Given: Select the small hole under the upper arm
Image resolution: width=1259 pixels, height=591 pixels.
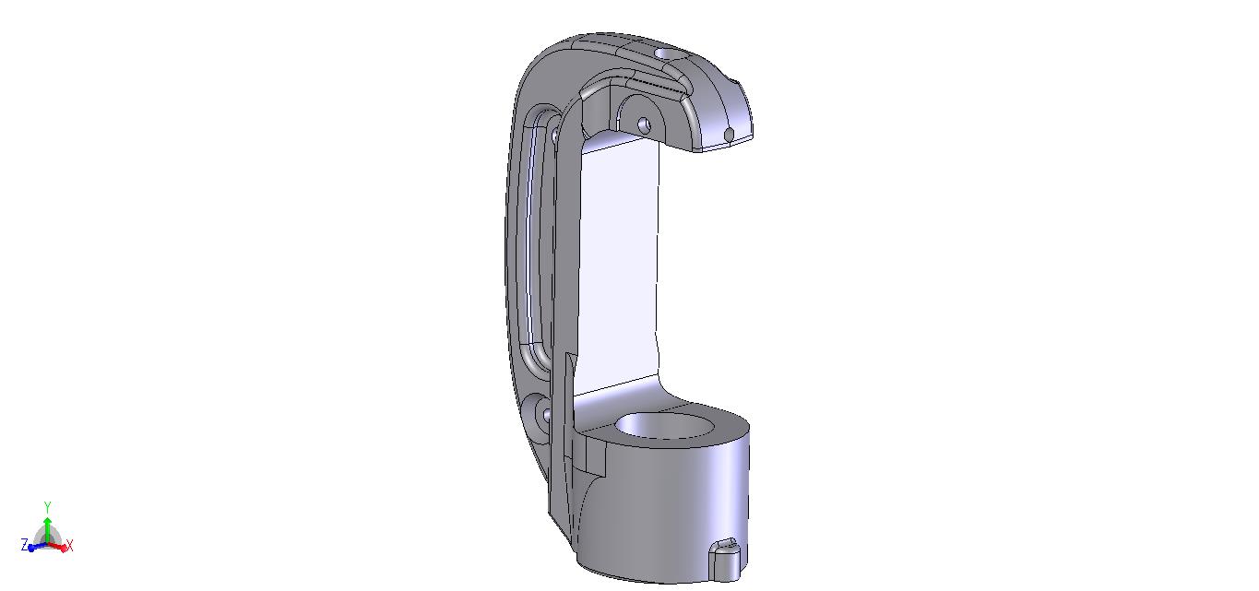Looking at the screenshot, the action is point(645,124).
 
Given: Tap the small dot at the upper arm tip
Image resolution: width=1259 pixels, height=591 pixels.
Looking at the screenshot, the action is point(729,135).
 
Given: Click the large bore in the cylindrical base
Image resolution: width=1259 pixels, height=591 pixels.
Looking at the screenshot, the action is point(664,426).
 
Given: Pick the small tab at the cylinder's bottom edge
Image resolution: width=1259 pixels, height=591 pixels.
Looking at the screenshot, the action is point(724,559).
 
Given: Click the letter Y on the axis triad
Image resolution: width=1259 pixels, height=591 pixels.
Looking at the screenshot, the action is point(48,508).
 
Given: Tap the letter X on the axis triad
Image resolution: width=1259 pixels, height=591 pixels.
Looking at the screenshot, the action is point(70,546).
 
